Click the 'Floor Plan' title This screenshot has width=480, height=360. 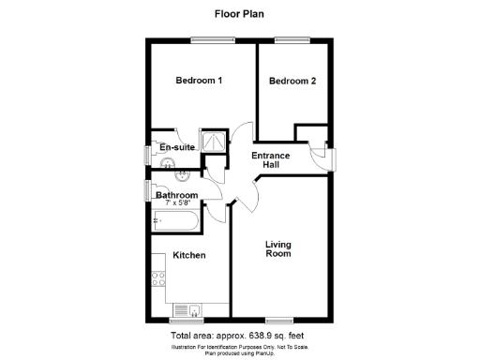(240, 14)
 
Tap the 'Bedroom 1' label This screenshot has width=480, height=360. (199, 81)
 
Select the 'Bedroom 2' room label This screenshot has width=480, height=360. (292, 82)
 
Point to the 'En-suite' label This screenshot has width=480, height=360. (176, 148)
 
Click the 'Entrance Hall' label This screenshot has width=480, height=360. (271, 159)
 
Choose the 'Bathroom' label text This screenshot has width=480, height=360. (177, 195)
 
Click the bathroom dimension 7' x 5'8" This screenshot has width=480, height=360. (177, 203)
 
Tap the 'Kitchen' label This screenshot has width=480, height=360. (188, 255)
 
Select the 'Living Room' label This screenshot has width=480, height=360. (277, 247)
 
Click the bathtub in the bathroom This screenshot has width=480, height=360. (174, 222)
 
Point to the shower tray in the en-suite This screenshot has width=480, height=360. (215, 140)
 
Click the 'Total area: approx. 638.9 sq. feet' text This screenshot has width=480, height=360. (240, 335)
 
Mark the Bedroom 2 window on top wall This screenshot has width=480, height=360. (288, 39)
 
